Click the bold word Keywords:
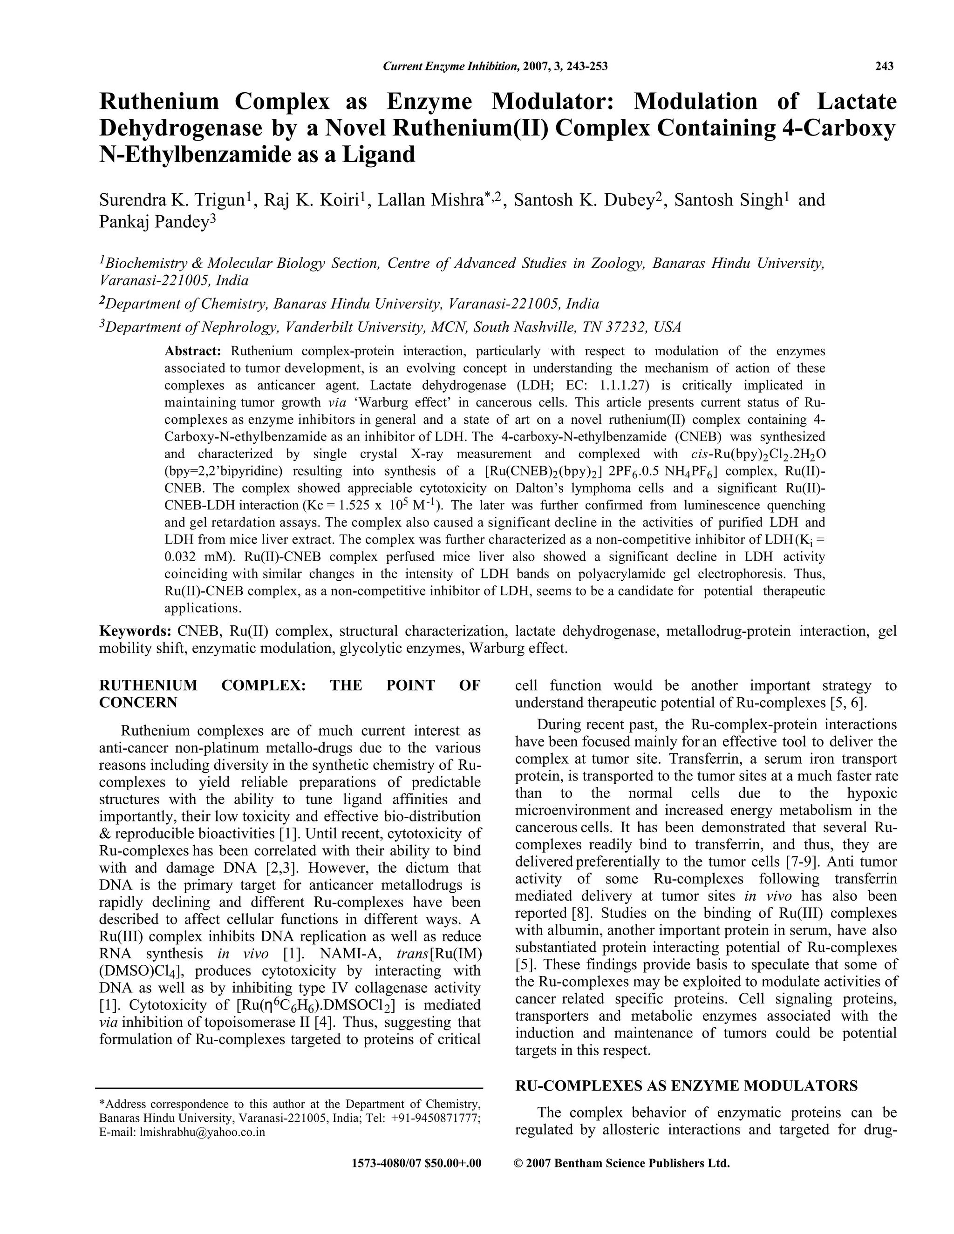(135, 631)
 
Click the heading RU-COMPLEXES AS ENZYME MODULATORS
(686, 1086)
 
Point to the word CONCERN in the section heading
(138, 703)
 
